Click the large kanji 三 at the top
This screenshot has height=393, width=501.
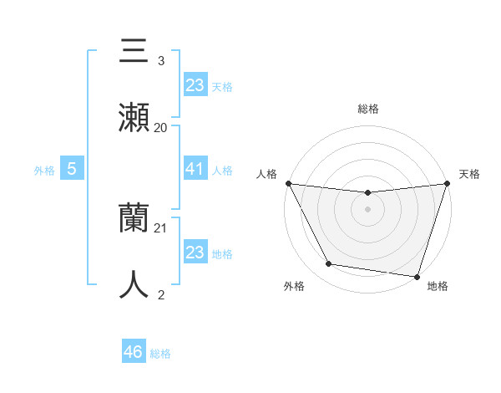[134, 51]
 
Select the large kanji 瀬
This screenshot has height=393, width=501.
[134, 118]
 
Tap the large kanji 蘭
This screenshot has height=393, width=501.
[134, 218]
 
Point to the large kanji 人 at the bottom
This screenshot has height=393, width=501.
[134, 285]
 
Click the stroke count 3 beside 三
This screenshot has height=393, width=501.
[161, 60]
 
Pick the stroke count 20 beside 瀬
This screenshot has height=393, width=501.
[161, 127]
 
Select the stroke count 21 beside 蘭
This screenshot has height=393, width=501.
[161, 227]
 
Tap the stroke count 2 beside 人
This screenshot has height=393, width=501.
[161, 294]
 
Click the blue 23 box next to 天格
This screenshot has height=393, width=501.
[195, 84]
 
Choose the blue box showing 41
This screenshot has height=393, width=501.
[195, 169]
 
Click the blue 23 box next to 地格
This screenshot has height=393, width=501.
[195, 253]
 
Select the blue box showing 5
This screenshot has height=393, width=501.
[72, 169]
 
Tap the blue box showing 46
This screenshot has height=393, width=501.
[134, 352]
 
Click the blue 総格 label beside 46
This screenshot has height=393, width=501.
[160, 354]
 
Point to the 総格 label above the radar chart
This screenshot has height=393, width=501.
[367, 109]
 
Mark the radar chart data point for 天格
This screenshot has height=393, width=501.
[447, 183]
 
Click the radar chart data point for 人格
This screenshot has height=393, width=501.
[288, 183]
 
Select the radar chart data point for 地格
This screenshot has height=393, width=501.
[417, 276]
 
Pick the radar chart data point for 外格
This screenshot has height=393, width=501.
[329, 264]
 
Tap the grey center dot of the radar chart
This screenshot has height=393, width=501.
[367, 209]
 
